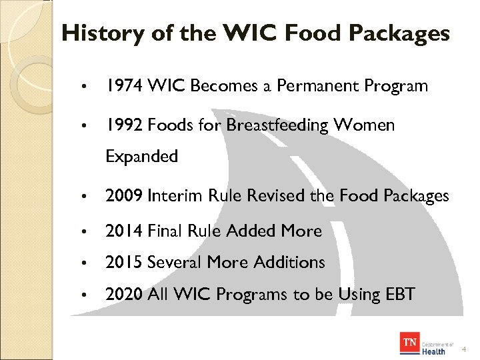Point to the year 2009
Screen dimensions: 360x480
[x=123, y=196]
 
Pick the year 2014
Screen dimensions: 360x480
[x=123, y=231]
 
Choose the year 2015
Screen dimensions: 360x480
[x=123, y=263]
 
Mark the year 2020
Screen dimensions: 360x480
[x=123, y=294]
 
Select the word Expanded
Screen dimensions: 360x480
[x=141, y=157]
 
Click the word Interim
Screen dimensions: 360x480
[x=173, y=196]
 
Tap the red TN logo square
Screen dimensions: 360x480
[x=409, y=345]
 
